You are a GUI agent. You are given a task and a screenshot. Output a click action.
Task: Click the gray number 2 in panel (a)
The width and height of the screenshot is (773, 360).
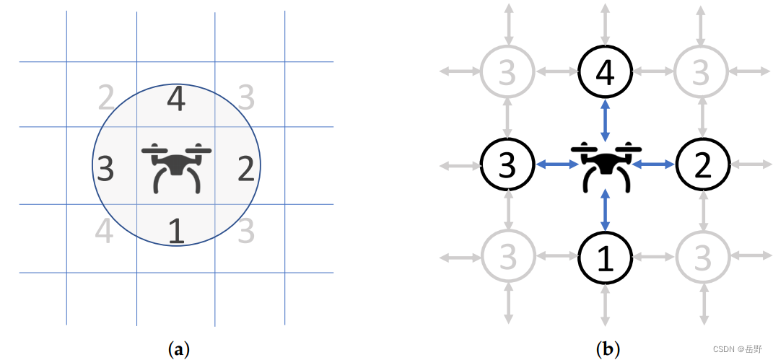[107, 98]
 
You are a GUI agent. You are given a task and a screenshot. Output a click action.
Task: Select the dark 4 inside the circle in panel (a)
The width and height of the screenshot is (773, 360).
[175, 100]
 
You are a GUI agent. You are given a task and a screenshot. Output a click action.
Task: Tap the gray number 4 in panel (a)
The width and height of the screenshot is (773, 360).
[105, 232]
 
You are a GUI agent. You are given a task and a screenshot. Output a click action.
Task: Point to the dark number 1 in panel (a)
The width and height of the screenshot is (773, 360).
[175, 232]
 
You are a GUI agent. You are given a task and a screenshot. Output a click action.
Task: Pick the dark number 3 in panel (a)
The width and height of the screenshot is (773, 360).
[105, 169]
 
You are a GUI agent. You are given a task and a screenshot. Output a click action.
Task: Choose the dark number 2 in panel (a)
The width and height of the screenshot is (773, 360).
[245, 169]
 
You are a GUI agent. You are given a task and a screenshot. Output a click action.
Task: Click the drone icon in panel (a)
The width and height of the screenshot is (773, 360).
[176, 167]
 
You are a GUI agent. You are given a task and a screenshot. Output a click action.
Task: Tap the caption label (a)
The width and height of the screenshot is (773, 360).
[178, 350]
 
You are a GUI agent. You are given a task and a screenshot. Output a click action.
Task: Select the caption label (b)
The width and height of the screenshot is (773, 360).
[607, 350]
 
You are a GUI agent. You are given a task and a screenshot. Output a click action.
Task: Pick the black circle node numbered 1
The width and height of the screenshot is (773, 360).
[606, 258]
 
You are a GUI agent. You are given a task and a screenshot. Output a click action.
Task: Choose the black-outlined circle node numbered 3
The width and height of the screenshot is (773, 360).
[508, 164]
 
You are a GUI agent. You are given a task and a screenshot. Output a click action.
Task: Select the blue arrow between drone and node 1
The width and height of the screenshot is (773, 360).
[606, 211]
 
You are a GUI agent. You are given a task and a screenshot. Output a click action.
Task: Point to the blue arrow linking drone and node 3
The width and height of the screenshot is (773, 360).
[556, 164]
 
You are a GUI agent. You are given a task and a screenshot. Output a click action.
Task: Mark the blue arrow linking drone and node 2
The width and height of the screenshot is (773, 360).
[654, 164]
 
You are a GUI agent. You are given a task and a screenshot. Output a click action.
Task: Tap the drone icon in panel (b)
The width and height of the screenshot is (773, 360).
[606, 166]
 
